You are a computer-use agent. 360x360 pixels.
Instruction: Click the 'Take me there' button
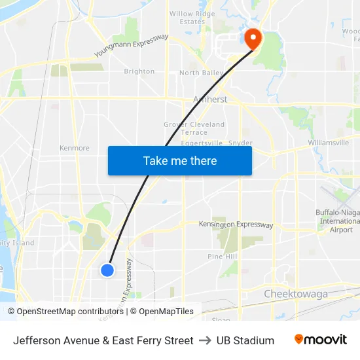click(x=180, y=161)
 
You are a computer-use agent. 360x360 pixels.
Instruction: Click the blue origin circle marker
click(x=108, y=270)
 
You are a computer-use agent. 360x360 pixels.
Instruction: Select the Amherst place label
click(x=210, y=99)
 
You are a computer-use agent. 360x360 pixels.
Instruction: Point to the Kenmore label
click(x=74, y=149)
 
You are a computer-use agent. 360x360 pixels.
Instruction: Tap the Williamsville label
click(x=328, y=143)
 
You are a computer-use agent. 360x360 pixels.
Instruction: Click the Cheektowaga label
click(x=296, y=294)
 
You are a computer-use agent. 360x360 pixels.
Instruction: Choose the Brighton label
click(x=139, y=72)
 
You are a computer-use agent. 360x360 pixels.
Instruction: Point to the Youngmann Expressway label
click(x=132, y=46)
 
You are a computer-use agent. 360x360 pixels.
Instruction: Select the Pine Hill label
click(x=223, y=257)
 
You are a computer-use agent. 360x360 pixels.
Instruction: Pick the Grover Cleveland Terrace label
click(x=194, y=128)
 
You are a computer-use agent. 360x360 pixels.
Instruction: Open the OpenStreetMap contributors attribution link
click(x=70, y=312)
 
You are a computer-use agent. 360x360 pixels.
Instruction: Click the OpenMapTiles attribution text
click(x=166, y=312)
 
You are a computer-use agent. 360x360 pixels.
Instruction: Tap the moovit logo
click(x=320, y=340)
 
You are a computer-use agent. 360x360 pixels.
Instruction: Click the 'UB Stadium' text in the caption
click(x=245, y=340)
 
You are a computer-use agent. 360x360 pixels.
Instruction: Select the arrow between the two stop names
click(x=205, y=340)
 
